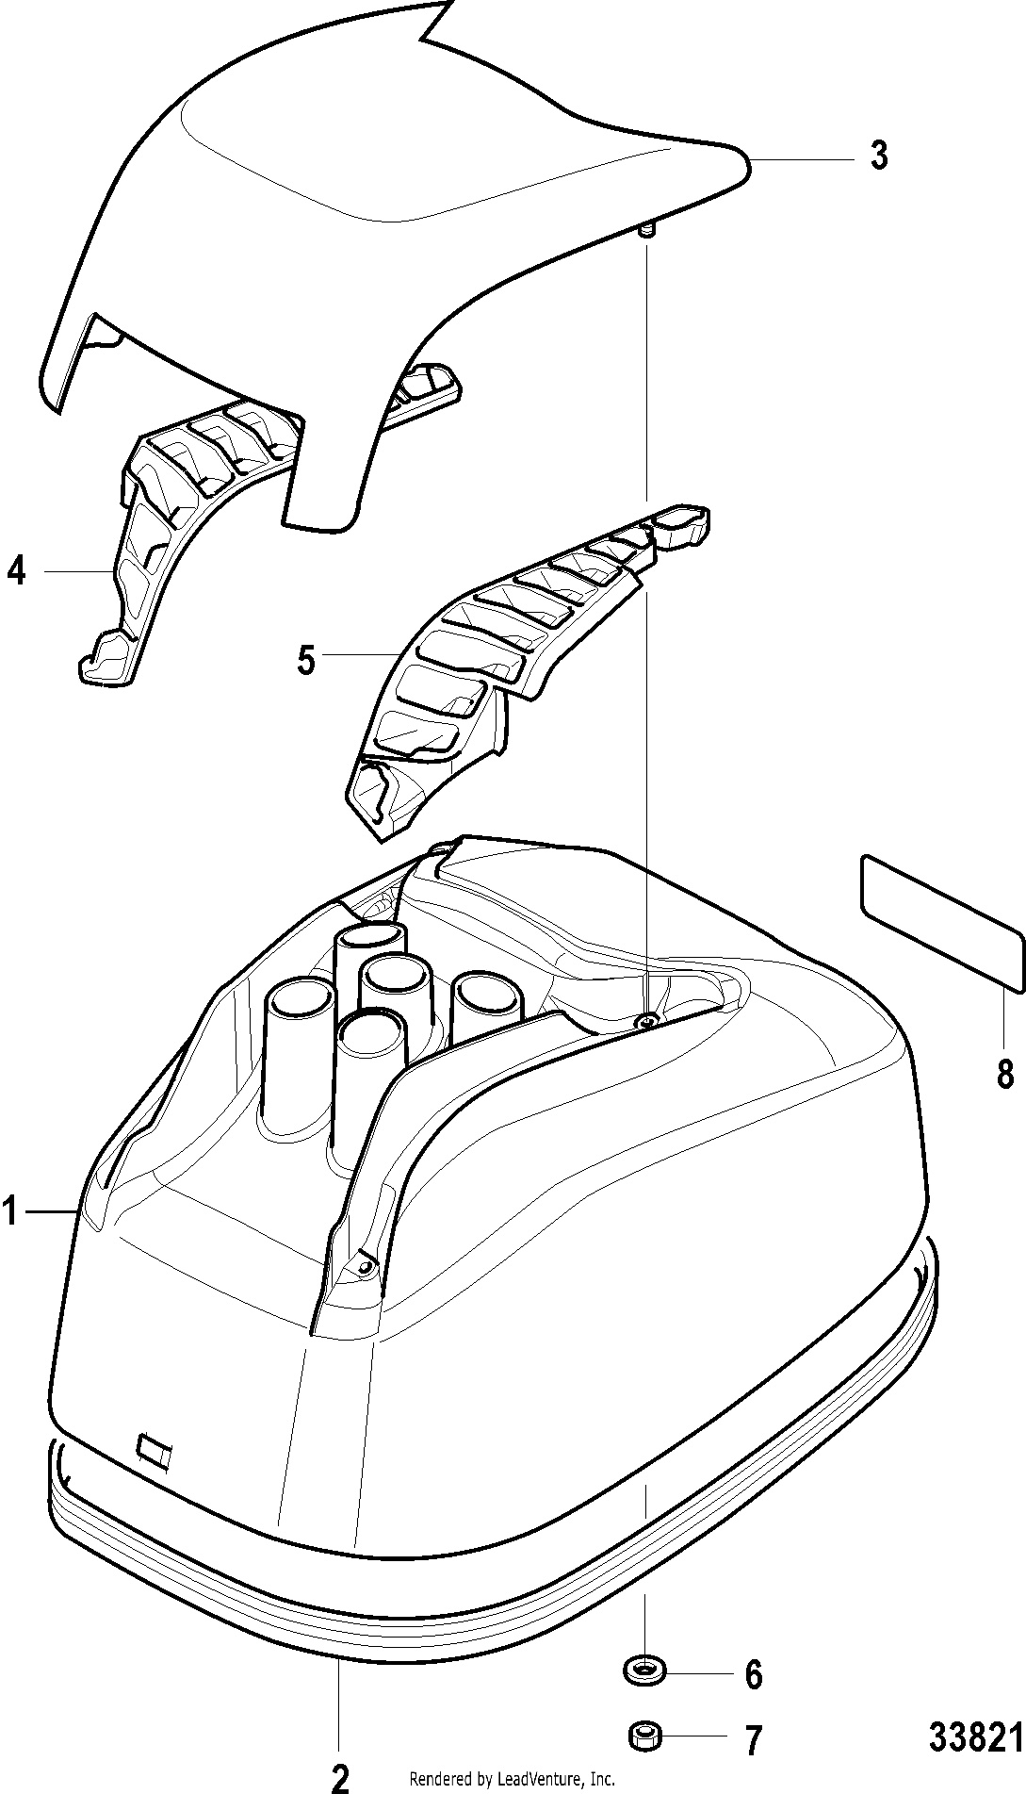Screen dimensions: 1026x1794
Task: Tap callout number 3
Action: [x=878, y=155]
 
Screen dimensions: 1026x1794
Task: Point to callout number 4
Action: [x=17, y=570]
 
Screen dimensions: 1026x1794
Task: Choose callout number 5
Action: [x=306, y=659]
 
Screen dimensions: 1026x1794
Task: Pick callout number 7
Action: [x=752, y=1739]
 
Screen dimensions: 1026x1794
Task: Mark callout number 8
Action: [x=1005, y=1072]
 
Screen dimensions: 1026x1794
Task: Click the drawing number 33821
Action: [x=975, y=1736]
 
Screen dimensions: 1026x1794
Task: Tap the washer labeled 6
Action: [x=644, y=1671]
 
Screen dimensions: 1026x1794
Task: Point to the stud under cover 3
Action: [x=646, y=232]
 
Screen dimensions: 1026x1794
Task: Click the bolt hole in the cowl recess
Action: [x=645, y=1021]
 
